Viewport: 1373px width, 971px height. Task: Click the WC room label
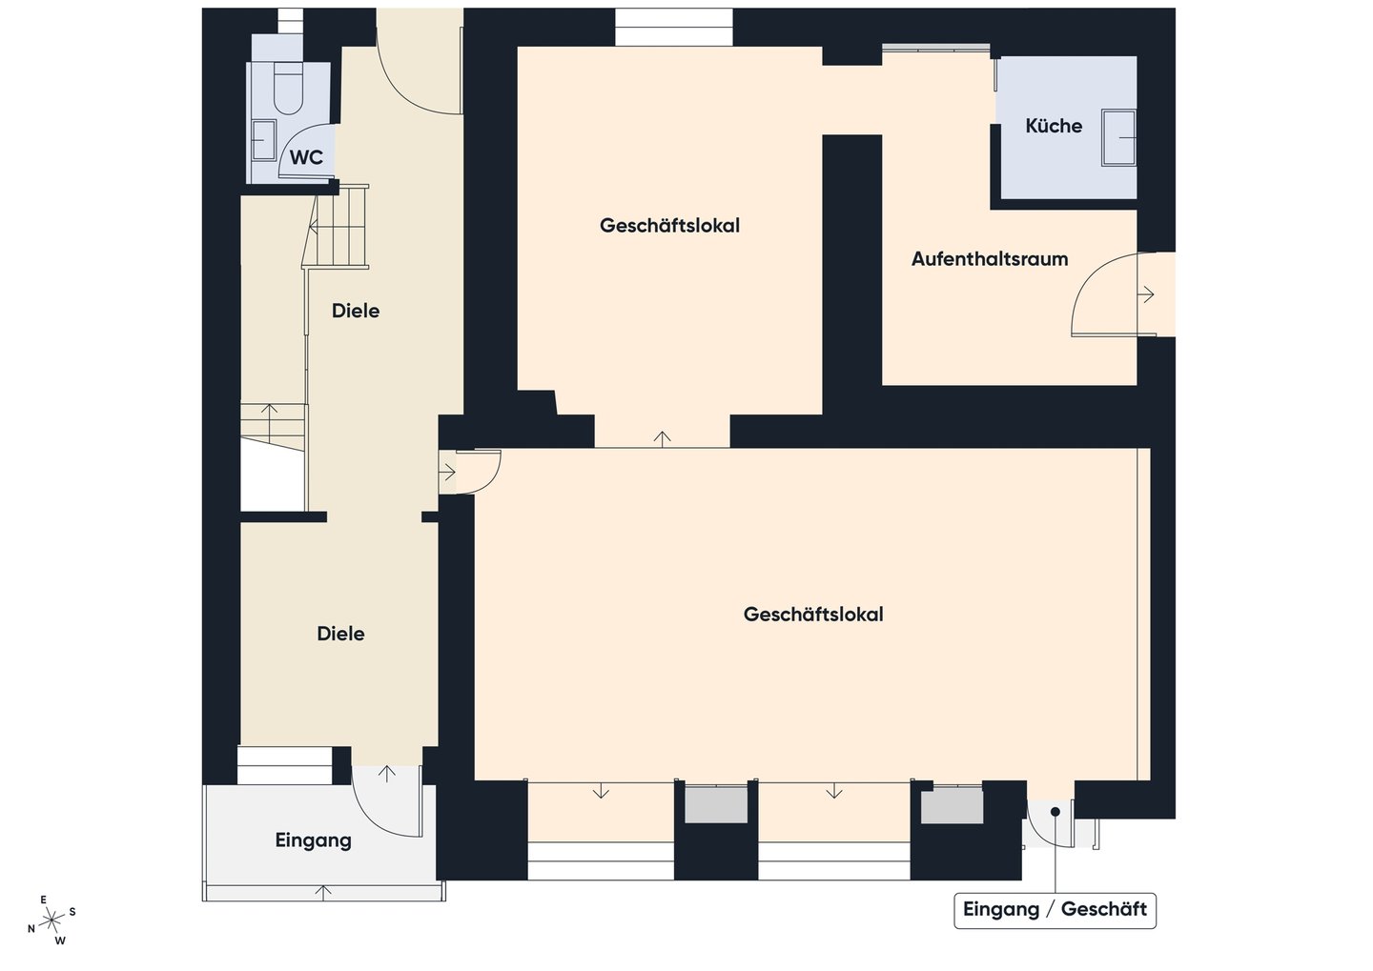click(x=306, y=157)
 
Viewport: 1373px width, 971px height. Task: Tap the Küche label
click(x=1054, y=126)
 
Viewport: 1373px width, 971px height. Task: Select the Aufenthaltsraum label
click(x=990, y=258)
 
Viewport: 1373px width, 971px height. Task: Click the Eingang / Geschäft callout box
click(x=1055, y=911)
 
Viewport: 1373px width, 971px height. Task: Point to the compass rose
click(x=52, y=920)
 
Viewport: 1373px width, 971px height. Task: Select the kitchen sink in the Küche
click(x=1118, y=138)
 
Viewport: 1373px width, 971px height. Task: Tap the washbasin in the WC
click(x=264, y=140)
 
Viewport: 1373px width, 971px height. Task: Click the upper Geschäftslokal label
click(x=669, y=226)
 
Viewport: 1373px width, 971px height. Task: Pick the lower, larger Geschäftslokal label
click(x=813, y=615)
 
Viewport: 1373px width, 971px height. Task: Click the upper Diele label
click(x=356, y=311)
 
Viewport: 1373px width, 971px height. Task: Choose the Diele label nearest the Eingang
click(x=340, y=634)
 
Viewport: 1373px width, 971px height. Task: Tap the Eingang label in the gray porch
click(x=313, y=840)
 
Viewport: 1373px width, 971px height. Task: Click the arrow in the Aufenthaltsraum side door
click(x=1146, y=294)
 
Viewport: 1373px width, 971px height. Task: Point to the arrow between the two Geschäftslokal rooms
click(x=662, y=438)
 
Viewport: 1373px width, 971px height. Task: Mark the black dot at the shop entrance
click(x=1055, y=812)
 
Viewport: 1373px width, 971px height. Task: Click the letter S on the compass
click(x=72, y=912)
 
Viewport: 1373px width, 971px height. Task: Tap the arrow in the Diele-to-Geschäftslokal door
click(x=447, y=473)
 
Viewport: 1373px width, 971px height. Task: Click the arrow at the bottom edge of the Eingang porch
click(x=323, y=893)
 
